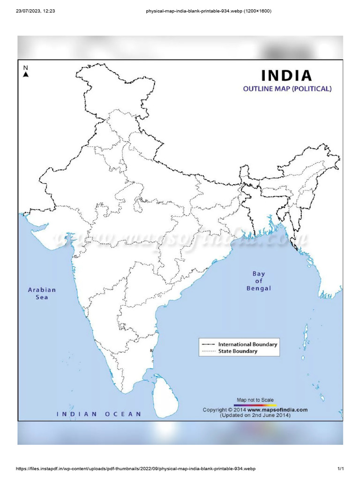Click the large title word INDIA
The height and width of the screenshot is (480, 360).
pyautogui.click(x=286, y=75)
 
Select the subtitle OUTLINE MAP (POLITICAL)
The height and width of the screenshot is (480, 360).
pyautogui.click(x=287, y=88)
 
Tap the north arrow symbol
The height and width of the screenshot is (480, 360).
pyautogui.click(x=26, y=74)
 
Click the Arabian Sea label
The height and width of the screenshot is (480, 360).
pyautogui.click(x=42, y=293)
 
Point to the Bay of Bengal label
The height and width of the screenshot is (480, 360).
pyautogui.click(x=259, y=281)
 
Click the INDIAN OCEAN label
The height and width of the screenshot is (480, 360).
pyautogui.click(x=99, y=414)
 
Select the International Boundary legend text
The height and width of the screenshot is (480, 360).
pyautogui.click(x=247, y=344)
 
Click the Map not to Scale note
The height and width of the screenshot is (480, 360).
pyautogui.click(x=255, y=399)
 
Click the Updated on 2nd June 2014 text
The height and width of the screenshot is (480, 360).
pyautogui.click(x=255, y=415)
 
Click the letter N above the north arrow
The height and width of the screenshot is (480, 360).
pyautogui.click(x=26, y=67)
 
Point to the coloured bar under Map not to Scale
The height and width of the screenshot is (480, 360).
pyautogui.click(x=255, y=405)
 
